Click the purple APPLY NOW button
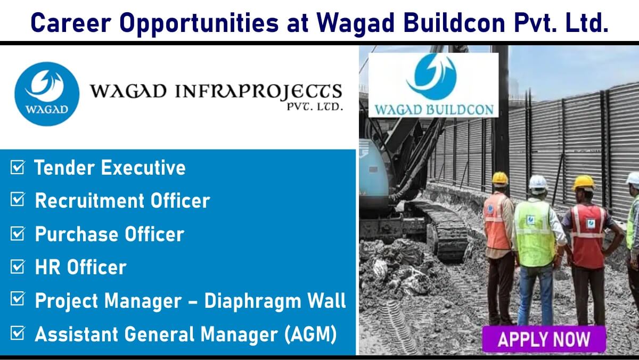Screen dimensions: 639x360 [544, 339]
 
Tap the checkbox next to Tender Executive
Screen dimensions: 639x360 [18, 167]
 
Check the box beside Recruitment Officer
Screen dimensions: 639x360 [18, 199]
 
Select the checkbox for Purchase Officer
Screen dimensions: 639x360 [18, 233]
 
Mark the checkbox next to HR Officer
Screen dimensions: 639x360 [18, 266]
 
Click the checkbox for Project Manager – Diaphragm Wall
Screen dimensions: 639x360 [18, 298]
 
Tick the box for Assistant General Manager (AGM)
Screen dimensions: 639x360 [18, 333]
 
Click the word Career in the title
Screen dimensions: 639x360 [71, 22]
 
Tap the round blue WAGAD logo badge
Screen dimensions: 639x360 [47, 94]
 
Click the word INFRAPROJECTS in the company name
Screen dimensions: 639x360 [258, 92]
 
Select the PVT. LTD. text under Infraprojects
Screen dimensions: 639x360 [315, 107]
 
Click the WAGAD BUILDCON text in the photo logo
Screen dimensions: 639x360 [434, 110]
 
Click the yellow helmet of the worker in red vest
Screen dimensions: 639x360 [584, 183]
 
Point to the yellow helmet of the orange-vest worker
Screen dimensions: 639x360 [500, 178]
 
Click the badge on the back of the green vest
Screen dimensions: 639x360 [530, 219]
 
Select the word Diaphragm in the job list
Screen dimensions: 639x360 [252, 301]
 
